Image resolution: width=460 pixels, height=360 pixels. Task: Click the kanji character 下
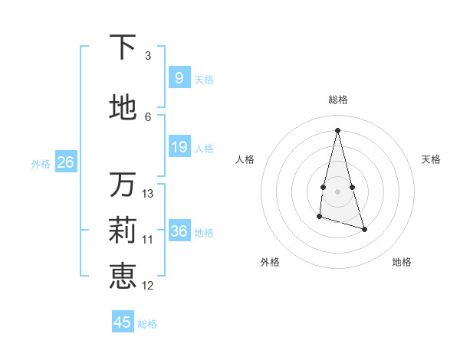click(122, 47)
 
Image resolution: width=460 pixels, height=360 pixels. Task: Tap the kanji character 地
click(122, 108)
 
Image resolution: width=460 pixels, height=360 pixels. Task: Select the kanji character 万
click(122, 185)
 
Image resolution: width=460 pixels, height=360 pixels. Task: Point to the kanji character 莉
click(122, 230)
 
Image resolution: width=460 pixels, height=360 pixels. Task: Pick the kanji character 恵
click(122, 276)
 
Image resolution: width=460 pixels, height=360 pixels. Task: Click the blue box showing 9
click(179, 78)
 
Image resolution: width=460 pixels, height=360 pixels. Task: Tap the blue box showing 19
click(179, 147)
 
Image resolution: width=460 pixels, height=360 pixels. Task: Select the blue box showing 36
click(179, 231)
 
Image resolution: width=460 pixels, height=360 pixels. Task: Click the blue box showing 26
click(65, 162)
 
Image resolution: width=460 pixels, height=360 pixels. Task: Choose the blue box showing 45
click(123, 322)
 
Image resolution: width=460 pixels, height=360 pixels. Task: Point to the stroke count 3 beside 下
click(148, 56)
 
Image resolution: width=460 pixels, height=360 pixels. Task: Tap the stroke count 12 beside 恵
click(148, 286)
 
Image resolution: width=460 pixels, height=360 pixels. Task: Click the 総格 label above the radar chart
click(338, 100)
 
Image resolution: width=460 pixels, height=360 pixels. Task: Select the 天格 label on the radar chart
click(431, 159)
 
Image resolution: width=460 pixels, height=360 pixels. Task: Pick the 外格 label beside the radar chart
click(270, 262)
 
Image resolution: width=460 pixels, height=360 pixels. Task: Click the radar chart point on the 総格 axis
click(338, 130)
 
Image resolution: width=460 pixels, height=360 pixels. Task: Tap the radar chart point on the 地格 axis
click(364, 229)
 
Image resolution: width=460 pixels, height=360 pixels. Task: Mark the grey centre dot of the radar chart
click(338, 191)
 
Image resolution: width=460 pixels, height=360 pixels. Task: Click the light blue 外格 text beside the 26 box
click(40, 163)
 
